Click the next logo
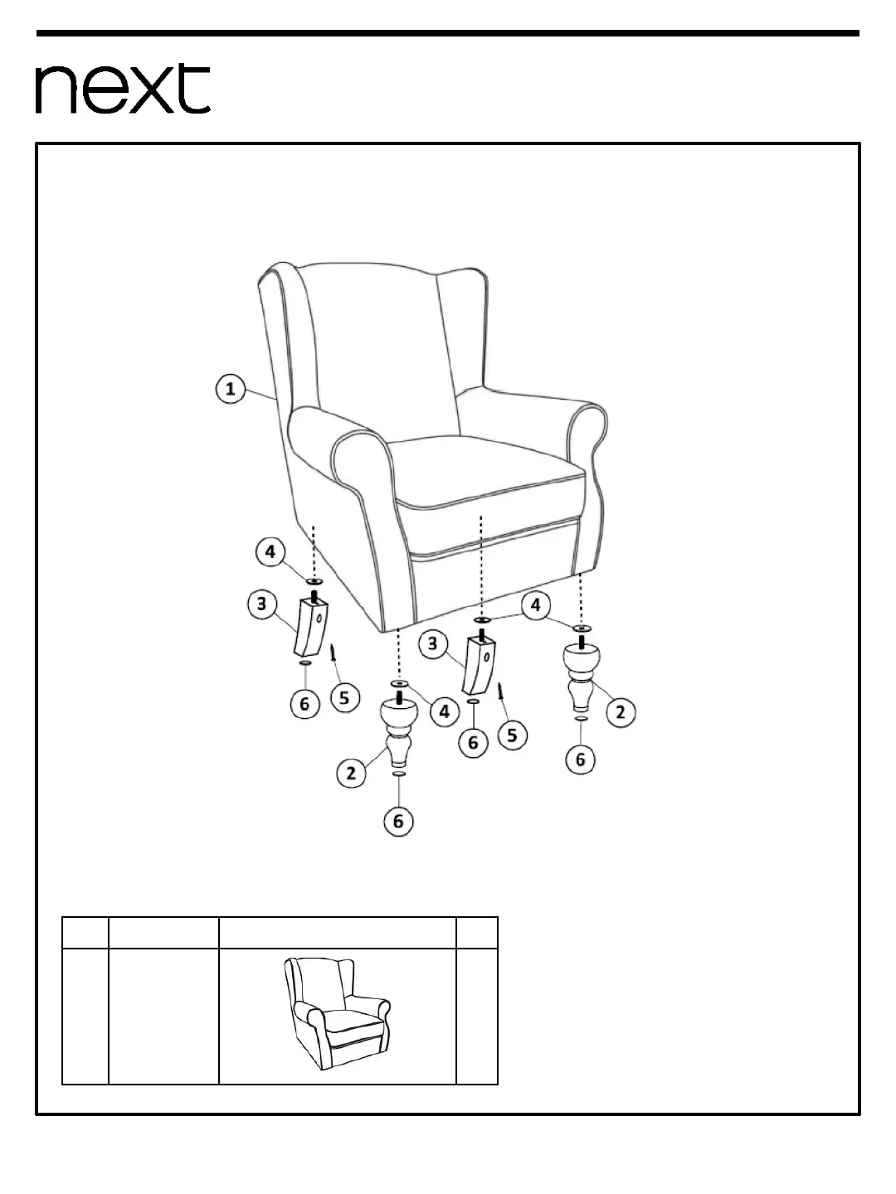pyautogui.click(x=123, y=90)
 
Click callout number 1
pyautogui.click(x=231, y=389)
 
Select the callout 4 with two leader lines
pyautogui.click(x=535, y=605)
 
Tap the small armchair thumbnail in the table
pyautogui.click(x=337, y=1013)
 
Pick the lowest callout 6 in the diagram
pyautogui.click(x=398, y=821)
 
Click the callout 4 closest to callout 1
pyautogui.click(x=270, y=552)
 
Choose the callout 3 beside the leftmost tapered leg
pyautogui.click(x=262, y=604)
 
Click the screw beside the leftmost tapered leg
pyautogui.click(x=334, y=653)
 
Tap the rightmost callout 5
pyautogui.click(x=511, y=734)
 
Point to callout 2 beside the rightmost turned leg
pyautogui.click(x=621, y=711)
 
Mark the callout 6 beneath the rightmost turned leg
pyautogui.click(x=581, y=759)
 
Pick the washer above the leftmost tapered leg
pyautogui.click(x=314, y=582)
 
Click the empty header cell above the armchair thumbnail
pyautogui.click(x=337, y=933)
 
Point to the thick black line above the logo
pyautogui.click(x=448, y=34)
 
